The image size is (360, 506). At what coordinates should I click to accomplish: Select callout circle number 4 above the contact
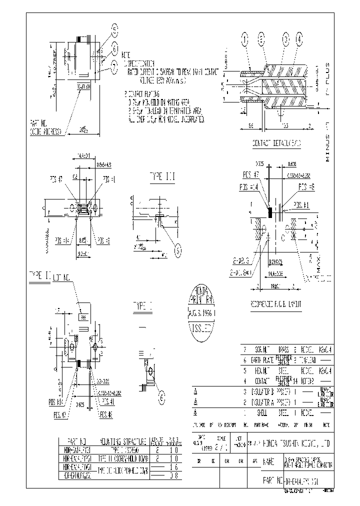tap(299, 38)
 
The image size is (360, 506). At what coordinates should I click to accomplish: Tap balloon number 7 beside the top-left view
tap(114, 64)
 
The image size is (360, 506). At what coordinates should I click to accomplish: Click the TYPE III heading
tap(162, 176)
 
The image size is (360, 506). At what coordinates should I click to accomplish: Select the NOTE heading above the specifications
tap(126, 54)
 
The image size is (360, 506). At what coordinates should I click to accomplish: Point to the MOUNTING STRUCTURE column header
tap(123, 441)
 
